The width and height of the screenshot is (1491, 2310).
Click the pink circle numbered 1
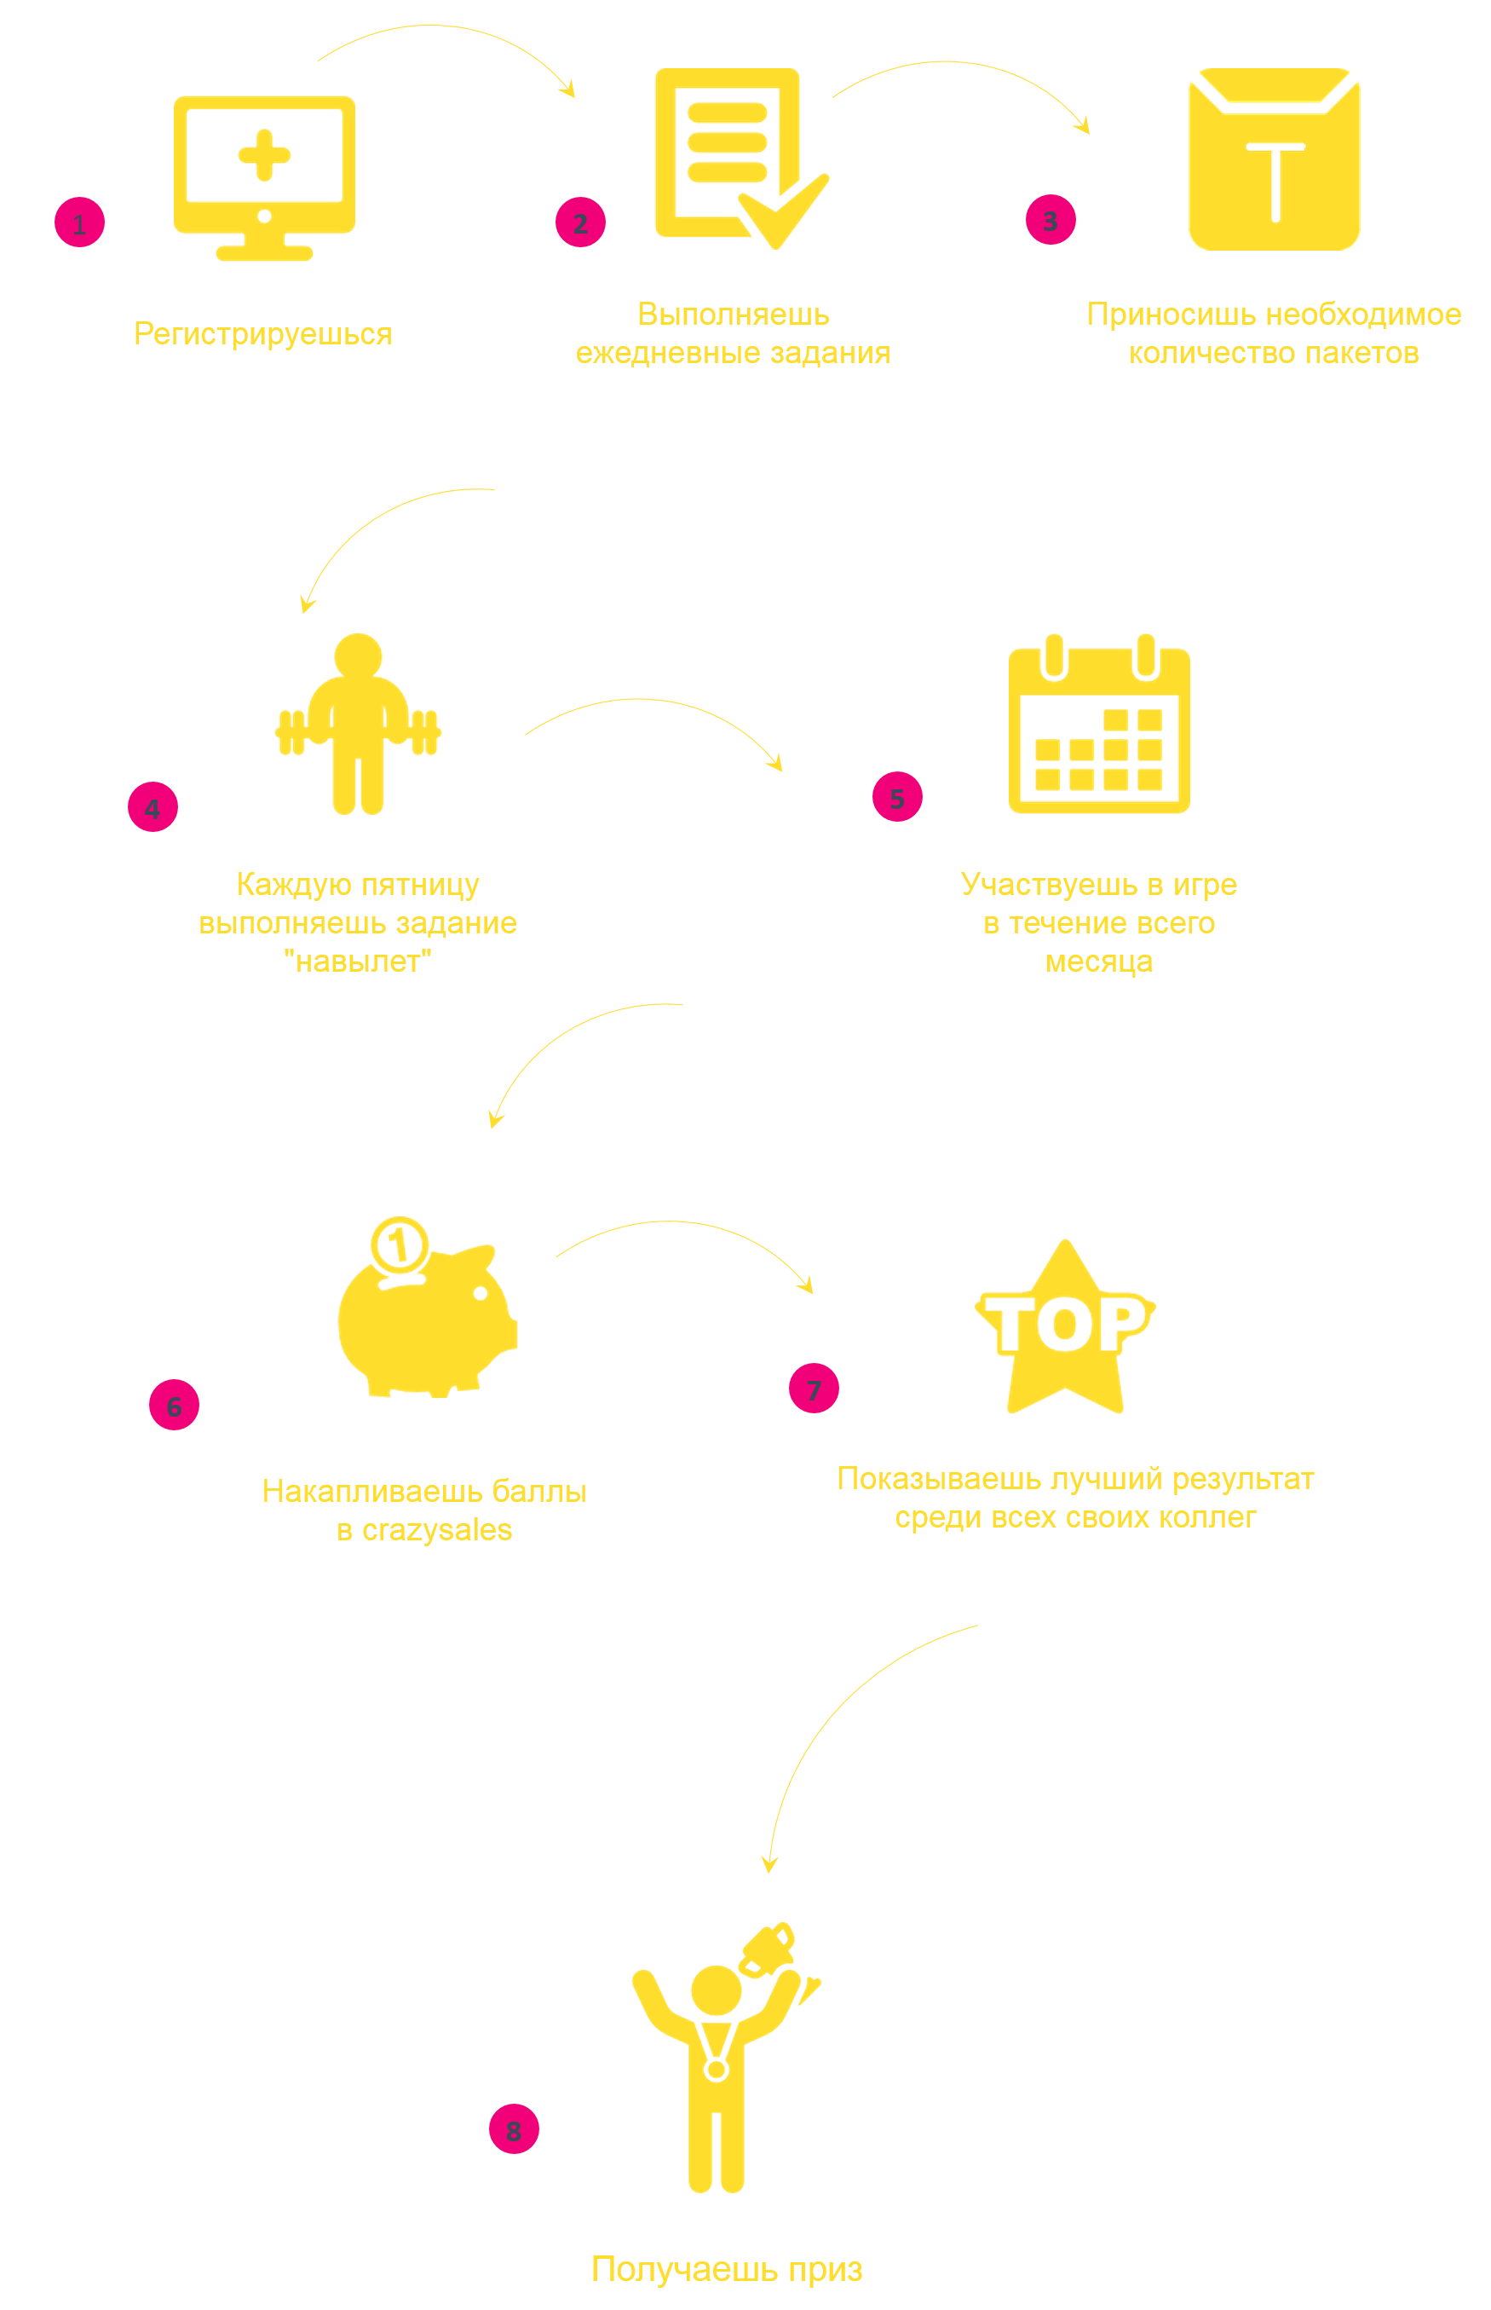coord(79,222)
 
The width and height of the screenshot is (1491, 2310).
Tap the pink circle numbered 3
coord(1051,220)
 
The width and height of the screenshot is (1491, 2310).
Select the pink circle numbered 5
coord(896,797)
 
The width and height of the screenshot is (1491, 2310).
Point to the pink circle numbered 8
coord(513,2129)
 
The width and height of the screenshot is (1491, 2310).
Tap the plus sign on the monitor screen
coord(264,155)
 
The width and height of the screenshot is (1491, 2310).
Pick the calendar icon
coord(1099,726)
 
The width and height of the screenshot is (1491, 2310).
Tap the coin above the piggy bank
coord(399,1245)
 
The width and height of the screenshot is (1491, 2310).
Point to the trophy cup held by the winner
coord(769,1948)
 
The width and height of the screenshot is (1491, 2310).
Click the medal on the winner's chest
coord(717,2070)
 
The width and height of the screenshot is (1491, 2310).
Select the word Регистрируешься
coord(262,334)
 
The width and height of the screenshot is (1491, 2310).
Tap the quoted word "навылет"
coord(357,962)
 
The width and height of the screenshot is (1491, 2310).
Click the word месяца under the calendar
coord(1099,962)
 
